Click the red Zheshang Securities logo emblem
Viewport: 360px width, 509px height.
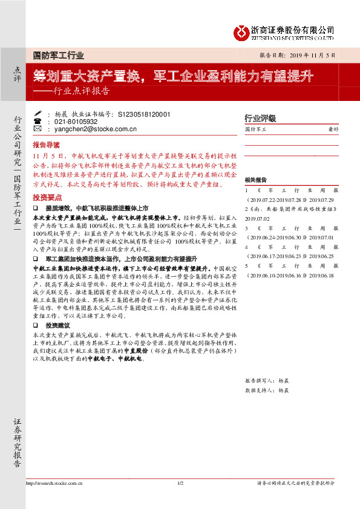tap(243, 31)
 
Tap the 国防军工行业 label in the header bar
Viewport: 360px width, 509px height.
tap(58, 55)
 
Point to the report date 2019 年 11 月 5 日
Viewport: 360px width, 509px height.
tap(309, 55)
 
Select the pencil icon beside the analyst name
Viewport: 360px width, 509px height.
tap(38, 113)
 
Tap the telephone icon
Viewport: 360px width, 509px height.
tap(38, 121)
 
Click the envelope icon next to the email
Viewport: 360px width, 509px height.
tap(38, 129)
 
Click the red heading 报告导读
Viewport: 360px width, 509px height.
tap(47, 145)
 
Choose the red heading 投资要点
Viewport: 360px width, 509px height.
tap(47, 198)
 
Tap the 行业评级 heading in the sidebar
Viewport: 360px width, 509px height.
tap(260, 118)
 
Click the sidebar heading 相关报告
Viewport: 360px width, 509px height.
tap(255, 180)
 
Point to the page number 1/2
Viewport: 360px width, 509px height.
tap(180, 484)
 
